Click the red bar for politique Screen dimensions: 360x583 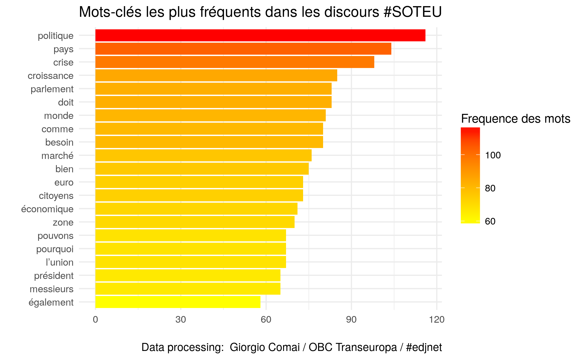pos(260,35)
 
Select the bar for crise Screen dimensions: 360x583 pos(235,62)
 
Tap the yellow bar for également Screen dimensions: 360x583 pos(178,302)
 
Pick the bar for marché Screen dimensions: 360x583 pos(203,155)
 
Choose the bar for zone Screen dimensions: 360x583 pos(195,222)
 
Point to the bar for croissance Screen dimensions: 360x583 pos(216,75)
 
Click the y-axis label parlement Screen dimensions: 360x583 pos(52,89)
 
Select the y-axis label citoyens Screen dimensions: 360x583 pos(56,196)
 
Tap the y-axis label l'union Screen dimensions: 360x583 pos(59,262)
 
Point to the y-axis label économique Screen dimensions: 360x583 pos(47,209)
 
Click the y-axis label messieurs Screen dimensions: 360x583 pos(51,289)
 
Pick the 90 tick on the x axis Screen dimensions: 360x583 pos(351,319)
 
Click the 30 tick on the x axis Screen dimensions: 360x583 pos(180,319)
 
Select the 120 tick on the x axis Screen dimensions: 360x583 pos(437,319)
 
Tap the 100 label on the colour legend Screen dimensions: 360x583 pos(493,155)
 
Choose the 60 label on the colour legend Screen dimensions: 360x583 pos(490,221)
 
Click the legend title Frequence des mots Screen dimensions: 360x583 pos(516,119)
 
